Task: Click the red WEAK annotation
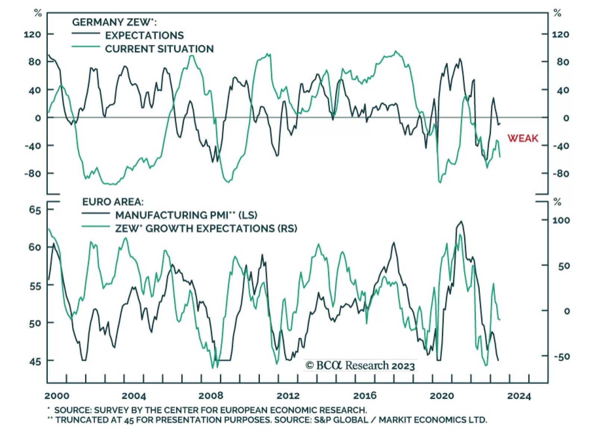click(x=522, y=138)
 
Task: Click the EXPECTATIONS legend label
click(x=144, y=35)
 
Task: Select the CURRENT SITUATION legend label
click(x=159, y=49)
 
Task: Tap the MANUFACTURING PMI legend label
click(x=186, y=215)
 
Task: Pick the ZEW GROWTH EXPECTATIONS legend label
click(x=206, y=229)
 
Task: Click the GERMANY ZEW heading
click(x=114, y=22)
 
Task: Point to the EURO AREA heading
click(x=113, y=202)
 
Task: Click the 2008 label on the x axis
click(x=211, y=395)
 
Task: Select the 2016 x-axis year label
click(x=365, y=395)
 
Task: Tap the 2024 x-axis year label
click(x=519, y=396)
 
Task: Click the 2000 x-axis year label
click(x=57, y=396)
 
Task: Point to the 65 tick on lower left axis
click(x=35, y=210)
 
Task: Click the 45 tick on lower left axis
click(x=35, y=361)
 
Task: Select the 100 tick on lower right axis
click(x=561, y=220)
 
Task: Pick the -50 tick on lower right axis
click(x=562, y=357)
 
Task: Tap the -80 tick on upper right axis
click(x=560, y=174)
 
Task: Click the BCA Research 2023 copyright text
click(x=360, y=365)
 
